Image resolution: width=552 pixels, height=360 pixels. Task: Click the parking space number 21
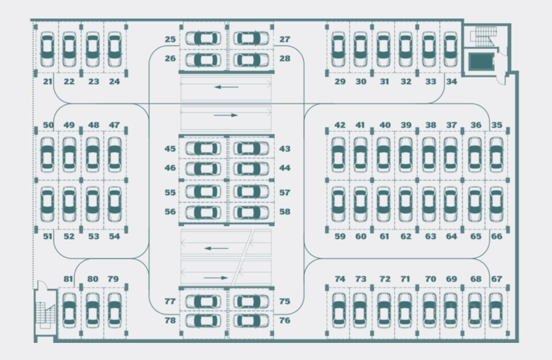point(47,81)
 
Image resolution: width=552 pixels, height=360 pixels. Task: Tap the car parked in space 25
point(203,38)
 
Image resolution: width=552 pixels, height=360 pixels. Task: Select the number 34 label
point(451,81)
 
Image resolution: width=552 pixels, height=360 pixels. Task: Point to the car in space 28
point(251,59)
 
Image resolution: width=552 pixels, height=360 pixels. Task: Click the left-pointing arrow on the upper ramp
point(226,87)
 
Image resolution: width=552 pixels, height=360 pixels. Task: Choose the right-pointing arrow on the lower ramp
point(216,278)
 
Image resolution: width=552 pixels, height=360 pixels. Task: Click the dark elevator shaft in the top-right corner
point(480,62)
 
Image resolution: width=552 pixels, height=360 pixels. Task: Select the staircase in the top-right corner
point(486,36)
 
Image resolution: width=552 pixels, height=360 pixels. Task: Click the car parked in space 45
point(203,148)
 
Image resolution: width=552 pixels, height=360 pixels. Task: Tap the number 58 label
point(285,212)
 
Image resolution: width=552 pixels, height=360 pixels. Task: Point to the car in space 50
point(47,154)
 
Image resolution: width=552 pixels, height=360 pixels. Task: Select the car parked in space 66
point(496,203)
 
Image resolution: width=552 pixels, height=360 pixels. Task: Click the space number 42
point(340,125)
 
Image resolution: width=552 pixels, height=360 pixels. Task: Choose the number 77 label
point(170,301)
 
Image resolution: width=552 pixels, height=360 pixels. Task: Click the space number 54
point(114,236)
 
